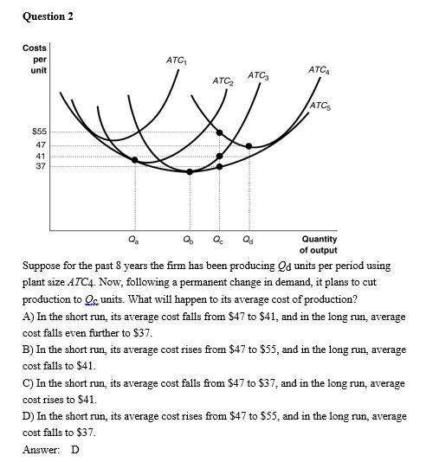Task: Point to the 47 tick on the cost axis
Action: click(41, 145)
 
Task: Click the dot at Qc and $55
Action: click(218, 133)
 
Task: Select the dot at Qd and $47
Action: click(249, 145)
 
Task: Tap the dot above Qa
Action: click(133, 160)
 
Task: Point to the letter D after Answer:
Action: click(75, 449)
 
